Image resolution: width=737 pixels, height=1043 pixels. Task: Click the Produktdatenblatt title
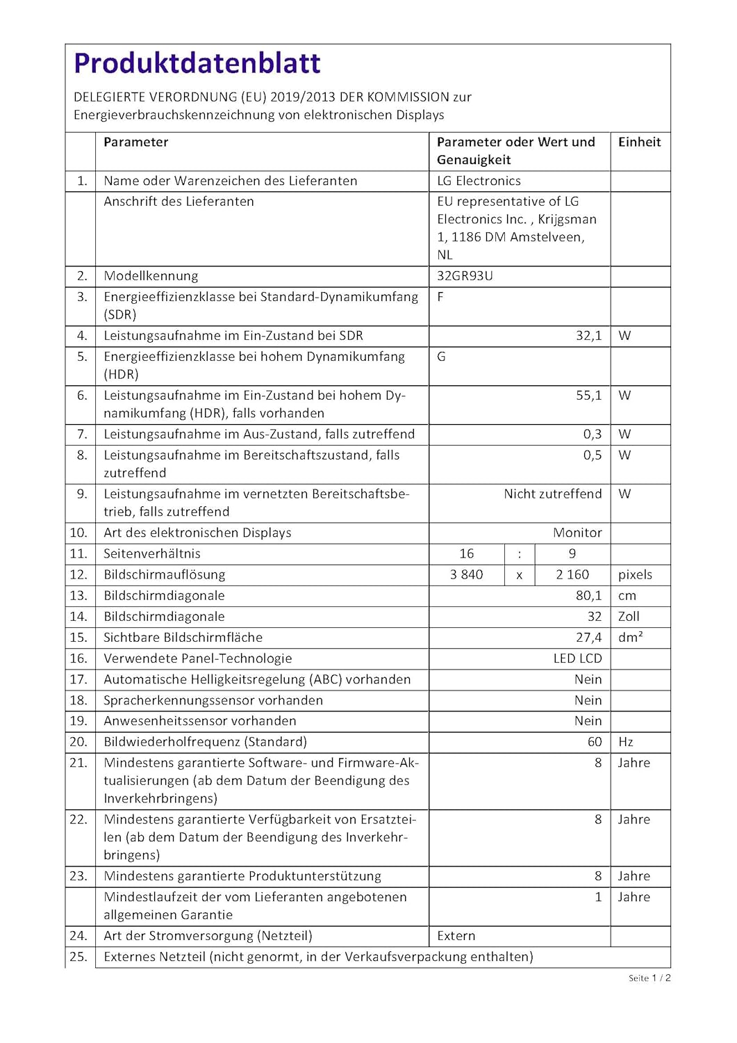(197, 63)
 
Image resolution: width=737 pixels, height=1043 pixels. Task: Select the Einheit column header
(639, 142)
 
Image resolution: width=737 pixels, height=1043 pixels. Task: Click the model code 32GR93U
(465, 276)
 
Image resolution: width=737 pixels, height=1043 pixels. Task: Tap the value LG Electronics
(479, 181)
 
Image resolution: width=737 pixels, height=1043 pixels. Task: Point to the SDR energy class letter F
(440, 297)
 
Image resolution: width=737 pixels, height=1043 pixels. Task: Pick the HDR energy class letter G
(441, 357)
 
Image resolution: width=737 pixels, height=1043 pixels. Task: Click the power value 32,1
(588, 336)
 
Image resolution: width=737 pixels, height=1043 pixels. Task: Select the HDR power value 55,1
(588, 396)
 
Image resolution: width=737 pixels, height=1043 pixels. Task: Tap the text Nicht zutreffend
(552, 494)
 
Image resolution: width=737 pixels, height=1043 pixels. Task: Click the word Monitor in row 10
(577, 533)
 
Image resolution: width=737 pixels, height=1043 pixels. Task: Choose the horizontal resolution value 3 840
(466, 575)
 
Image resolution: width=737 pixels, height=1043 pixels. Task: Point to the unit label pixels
(635, 575)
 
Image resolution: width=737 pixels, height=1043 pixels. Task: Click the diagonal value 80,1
(588, 596)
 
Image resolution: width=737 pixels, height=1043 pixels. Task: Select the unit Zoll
(629, 617)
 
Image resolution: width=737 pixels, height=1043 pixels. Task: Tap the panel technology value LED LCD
(577, 658)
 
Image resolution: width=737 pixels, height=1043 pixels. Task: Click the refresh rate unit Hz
(625, 742)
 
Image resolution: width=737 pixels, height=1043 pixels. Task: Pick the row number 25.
(78, 957)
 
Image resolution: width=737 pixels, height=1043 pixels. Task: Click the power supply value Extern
(456, 936)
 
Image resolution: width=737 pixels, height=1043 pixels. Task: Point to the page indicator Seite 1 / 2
(649, 978)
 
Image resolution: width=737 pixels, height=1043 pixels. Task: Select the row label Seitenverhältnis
(152, 554)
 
